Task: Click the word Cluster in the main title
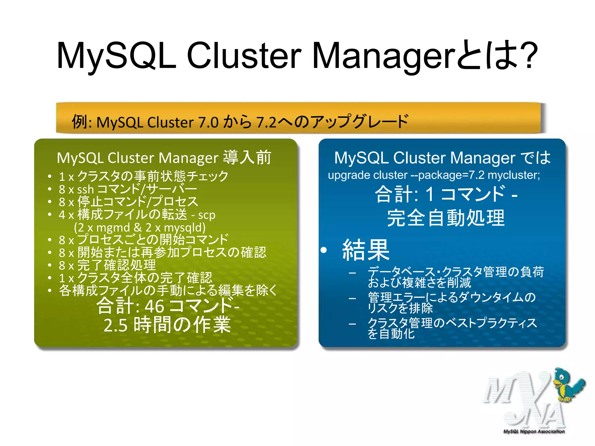click(x=244, y=55)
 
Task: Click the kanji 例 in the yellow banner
click(x=79, y=121)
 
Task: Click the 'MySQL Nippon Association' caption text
click(x=534, y=431)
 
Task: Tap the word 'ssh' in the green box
click(x=85, y=190)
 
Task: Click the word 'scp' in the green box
click(x=207, y=215)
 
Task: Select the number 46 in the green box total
click(x=154, y=306)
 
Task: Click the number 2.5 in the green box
click(x=115, y=325)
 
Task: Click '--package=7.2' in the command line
click(x=447, y=175)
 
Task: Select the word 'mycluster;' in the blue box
click(x=514, y=175)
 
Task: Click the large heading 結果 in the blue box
click(x=366, y=250)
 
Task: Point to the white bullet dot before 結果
click(x=324, y=250)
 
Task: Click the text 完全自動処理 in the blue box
click(x=446, y=218)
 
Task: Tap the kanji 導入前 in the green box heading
click(x=247, y=158)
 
